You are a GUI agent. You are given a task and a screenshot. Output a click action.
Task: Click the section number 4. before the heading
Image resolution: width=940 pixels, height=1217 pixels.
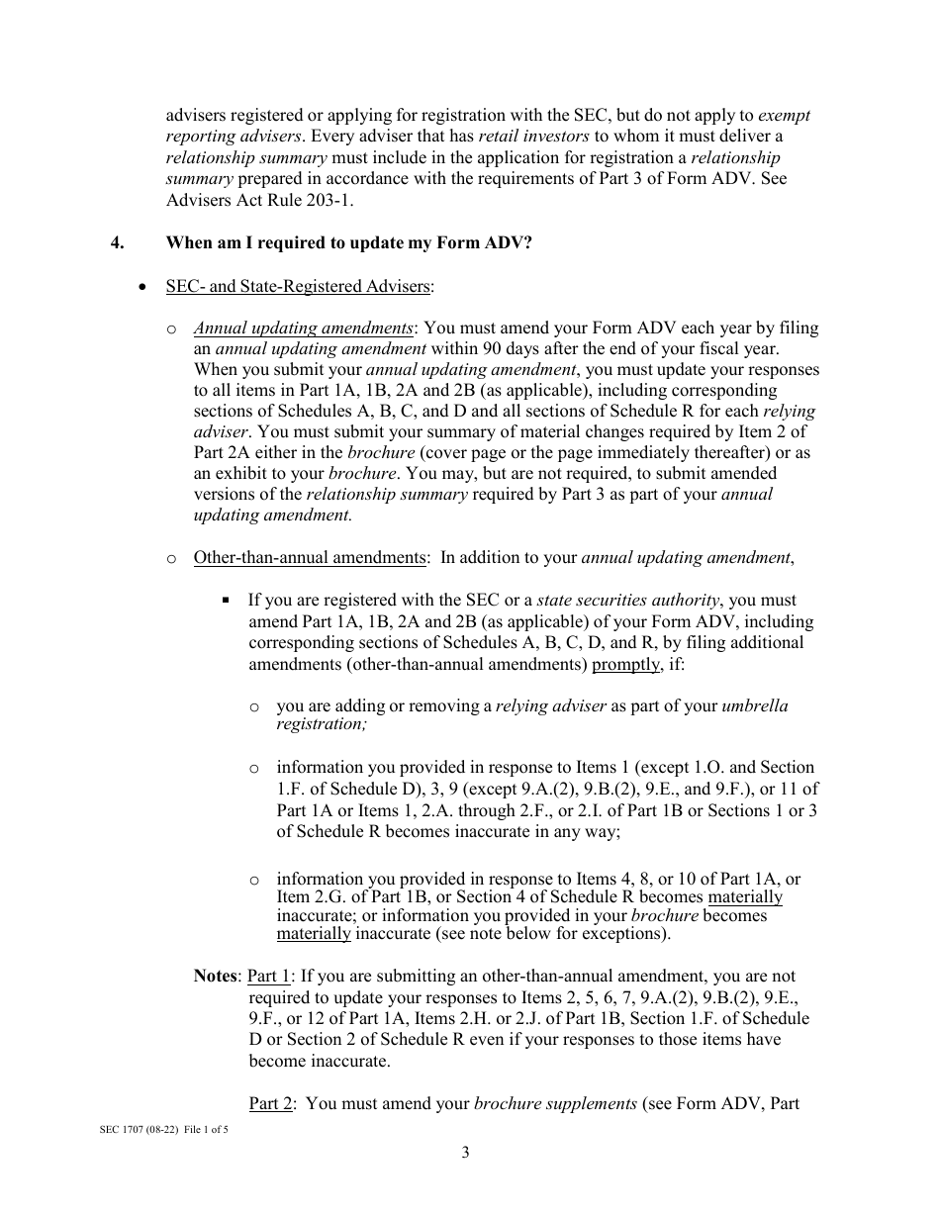pyautogui.click(x=117, y=242)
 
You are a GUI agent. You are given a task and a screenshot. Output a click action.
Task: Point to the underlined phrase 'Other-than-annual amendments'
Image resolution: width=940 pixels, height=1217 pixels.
pyautogui.click(x=309, y=557)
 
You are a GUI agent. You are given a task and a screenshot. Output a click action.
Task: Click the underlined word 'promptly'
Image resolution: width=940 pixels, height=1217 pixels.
pyautogui.click(x=625, y=664)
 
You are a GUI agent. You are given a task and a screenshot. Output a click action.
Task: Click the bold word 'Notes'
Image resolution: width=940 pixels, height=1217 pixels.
pyautogui.click(x=215, y=976)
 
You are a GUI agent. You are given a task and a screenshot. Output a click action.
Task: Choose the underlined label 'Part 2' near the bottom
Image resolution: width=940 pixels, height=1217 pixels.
pyautogui.click(x=270, y=1102)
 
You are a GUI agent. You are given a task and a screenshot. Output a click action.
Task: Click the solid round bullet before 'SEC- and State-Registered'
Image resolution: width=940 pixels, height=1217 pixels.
pyautogui.click(x=144, y=287)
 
